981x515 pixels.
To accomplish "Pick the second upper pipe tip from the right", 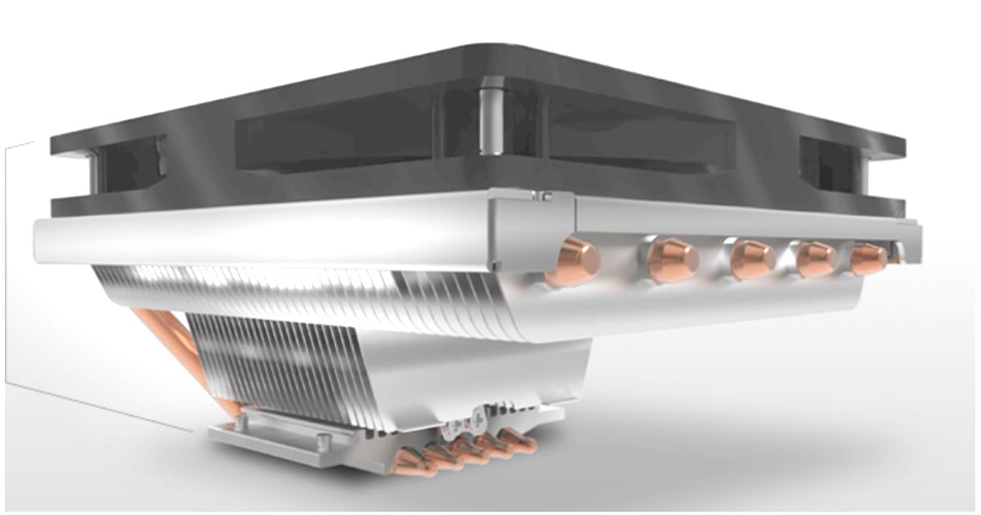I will tap(817, 258).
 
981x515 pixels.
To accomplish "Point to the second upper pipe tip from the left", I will tap(674, 259).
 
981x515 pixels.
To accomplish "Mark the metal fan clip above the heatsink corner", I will tap(541, 196).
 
